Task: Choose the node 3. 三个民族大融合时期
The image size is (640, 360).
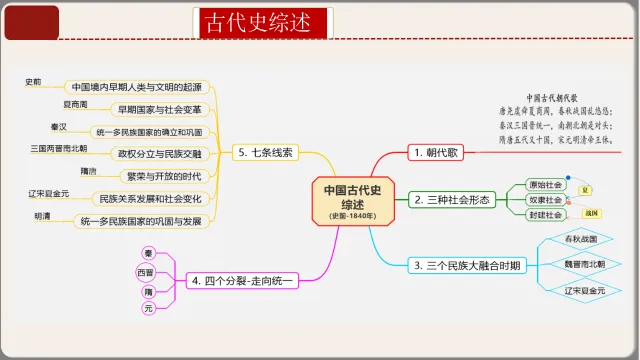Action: tap(467, 266)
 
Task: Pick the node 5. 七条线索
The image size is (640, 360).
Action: tap(265, 153)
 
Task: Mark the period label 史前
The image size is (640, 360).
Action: tap(33, 82)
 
